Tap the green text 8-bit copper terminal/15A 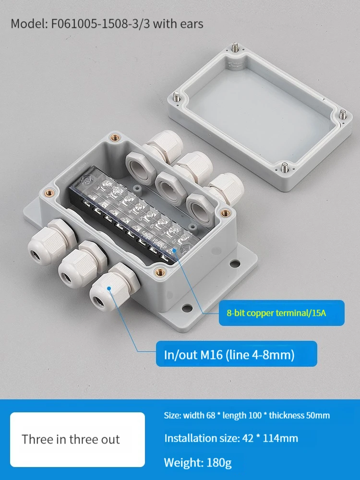(276, 313)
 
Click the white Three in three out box (77, 439)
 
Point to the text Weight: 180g (198, 462)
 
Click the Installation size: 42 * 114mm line (231, 438)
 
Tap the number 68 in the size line (211, 415)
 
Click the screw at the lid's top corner (235, 47)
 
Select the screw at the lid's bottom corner (285, 167)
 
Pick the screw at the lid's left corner (177, 97)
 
